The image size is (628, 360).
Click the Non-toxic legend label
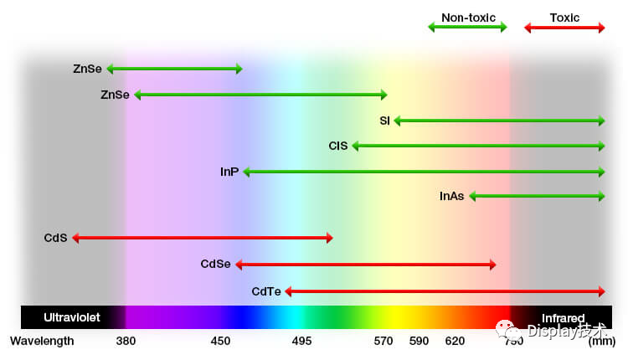coord(468,18)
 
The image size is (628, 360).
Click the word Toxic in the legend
coord(564,18)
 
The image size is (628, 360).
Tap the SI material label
coord(384,121)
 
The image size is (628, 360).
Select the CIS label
coord(338,146)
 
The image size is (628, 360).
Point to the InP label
coord(229,172)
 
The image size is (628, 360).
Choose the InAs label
coord(451,197)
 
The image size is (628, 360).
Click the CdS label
coord(55,238)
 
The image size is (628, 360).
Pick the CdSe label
coord(215,265)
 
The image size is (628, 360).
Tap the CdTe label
coord(266,291)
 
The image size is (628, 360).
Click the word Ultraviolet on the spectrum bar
coord(71,318)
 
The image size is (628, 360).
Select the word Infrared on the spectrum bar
coord(563,318)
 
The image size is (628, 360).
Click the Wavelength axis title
coord(42,341)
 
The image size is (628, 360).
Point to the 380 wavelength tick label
coord(126,341)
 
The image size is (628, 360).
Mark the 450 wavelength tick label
coord(220,341)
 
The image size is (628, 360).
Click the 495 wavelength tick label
coord(302,341)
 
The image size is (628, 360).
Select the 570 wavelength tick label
coord(383,341)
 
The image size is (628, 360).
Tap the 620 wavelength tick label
coord(455,341)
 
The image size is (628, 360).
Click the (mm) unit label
coord(601,341)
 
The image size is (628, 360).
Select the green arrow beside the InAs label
coord(537,197)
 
